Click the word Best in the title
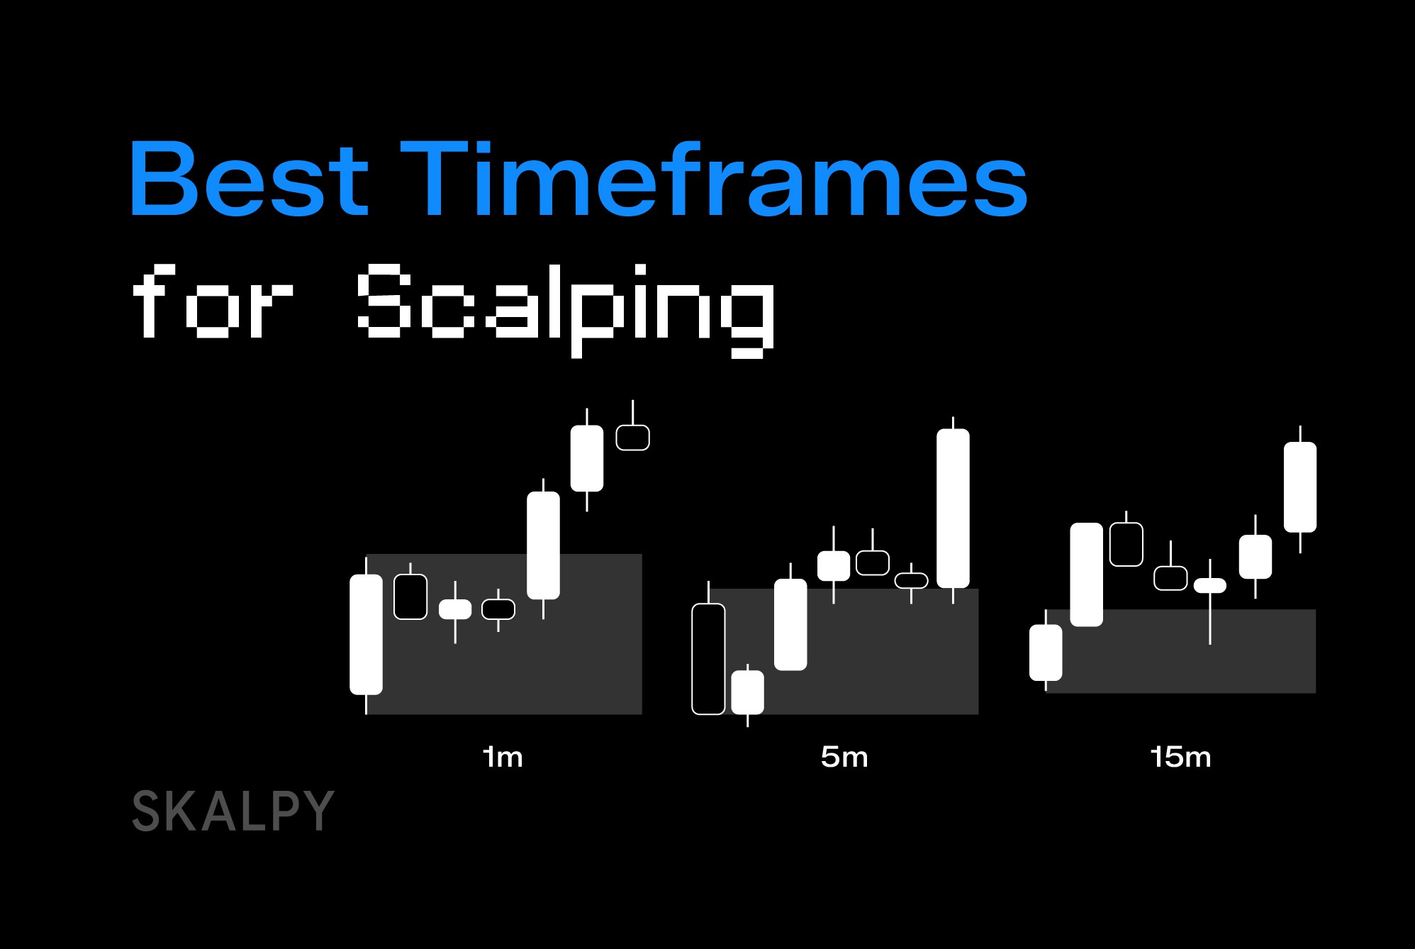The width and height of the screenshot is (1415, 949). (248, 178)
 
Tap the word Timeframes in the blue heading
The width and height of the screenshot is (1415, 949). (713, 178)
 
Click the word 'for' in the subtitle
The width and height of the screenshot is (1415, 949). (212, 301)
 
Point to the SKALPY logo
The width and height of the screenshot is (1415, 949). (233, 811)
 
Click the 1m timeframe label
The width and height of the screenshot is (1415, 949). (503, 757)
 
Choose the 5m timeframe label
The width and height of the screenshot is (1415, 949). (844, 757)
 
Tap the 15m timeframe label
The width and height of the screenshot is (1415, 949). (1180, 757)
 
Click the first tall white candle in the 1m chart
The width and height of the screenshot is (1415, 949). (366, 634)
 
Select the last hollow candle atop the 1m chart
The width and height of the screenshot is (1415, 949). (632, 437)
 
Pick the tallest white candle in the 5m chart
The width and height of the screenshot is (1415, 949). (953, 508)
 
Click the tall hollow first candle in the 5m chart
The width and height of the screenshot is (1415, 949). (708, 658)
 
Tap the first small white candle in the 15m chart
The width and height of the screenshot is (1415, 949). (1046, 652)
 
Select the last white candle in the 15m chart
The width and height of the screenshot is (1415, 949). (1300, 487)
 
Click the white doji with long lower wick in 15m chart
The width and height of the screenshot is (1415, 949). (1210, 586)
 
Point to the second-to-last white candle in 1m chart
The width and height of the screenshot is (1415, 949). (543, 545)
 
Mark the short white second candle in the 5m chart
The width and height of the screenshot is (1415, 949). (747, 692)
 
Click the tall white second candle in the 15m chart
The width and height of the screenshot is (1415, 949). (1086, 575)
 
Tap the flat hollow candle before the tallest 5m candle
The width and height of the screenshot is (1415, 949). (911, 580)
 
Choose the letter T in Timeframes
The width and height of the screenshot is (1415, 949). (434, 178)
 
